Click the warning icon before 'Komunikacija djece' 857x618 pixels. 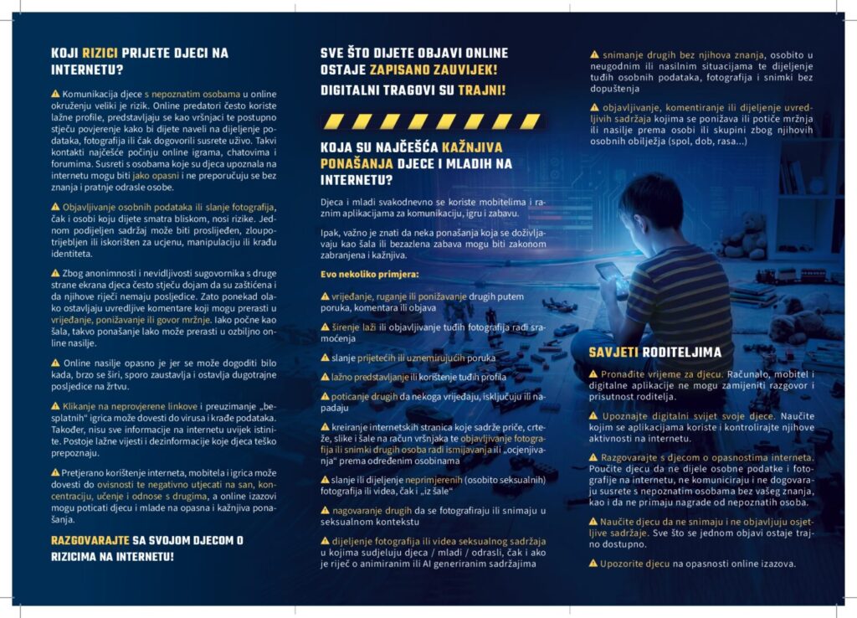55,95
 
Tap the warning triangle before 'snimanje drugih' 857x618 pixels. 594,55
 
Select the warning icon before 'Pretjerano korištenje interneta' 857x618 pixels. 55,472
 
